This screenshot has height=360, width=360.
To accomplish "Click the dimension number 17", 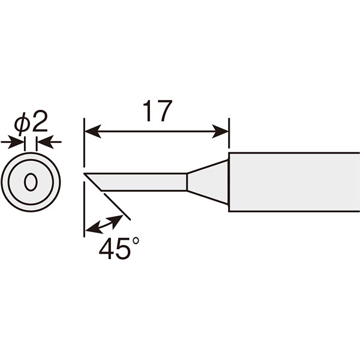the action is click(x=157, y=111).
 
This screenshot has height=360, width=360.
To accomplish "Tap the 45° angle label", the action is click(x=119, y=248).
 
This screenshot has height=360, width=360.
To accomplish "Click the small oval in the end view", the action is click(x=31, y=181).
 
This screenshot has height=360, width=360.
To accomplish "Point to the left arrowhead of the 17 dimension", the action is click(x=93, y=131).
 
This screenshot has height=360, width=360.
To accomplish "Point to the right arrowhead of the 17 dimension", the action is click(x=220, y=131).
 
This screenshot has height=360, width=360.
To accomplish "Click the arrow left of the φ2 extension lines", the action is click(x=13, y=142).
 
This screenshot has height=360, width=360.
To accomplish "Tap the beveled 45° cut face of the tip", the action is click(x=92, y=182).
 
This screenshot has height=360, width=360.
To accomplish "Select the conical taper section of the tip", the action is click(x=208, y=182).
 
